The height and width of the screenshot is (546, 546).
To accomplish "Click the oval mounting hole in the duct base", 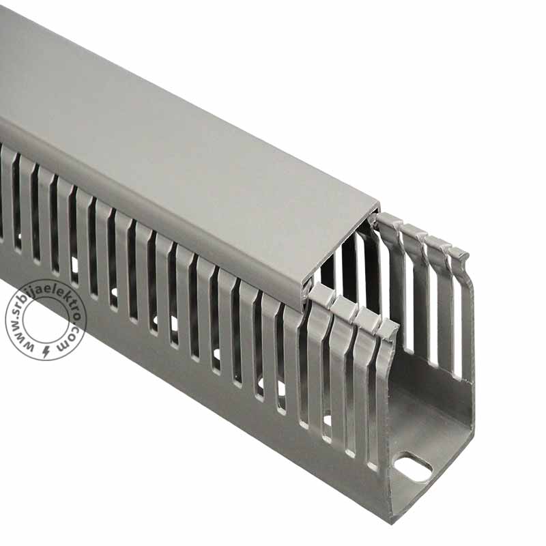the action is [414, 468].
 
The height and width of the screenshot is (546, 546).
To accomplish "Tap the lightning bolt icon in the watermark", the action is [46, 352].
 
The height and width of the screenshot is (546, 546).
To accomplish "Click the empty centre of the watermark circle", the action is [45, 320].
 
